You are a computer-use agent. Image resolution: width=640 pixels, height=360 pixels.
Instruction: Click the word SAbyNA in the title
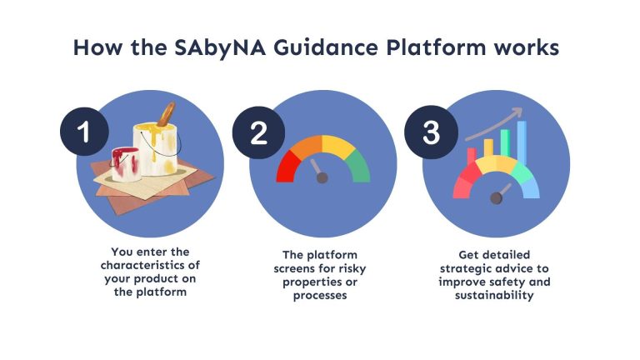click(220, 48)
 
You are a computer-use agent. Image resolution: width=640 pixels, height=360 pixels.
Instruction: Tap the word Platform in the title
click(436, 47)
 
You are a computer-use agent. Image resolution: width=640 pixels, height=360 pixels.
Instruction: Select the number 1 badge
click(84, 132)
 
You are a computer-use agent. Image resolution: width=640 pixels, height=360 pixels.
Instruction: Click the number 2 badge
click(258, 132)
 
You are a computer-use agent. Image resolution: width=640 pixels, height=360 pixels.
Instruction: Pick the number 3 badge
click(431, 132)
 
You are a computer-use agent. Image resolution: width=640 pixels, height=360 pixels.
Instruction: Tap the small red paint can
click(126, 164)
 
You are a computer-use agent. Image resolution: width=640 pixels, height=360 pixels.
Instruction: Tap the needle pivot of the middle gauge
click(322, 178)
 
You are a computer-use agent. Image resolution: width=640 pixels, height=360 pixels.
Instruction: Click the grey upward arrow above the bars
click(493, 124)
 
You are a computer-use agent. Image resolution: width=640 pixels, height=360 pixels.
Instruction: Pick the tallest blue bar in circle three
click(522, 142)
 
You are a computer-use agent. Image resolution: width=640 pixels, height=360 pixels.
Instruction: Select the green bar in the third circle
click(505, 143)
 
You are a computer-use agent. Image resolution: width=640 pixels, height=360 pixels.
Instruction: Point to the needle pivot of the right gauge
click(497, 198)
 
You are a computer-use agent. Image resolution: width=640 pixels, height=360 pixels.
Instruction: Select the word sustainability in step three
click(494, 295)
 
